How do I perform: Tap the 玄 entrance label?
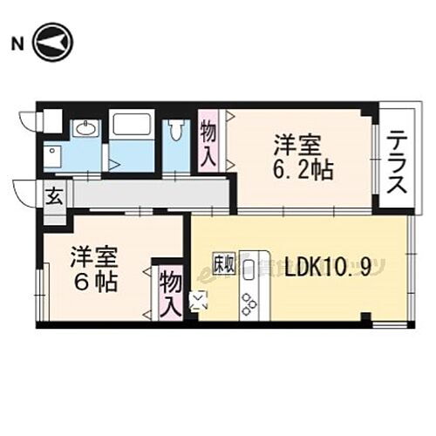pos(54,196)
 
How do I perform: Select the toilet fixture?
pos(177,132)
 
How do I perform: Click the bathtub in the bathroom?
pos(132,123)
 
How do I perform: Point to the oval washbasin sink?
pos(85,130)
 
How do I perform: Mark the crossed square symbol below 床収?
pos(199,303)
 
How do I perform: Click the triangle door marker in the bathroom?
pos(113,162)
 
